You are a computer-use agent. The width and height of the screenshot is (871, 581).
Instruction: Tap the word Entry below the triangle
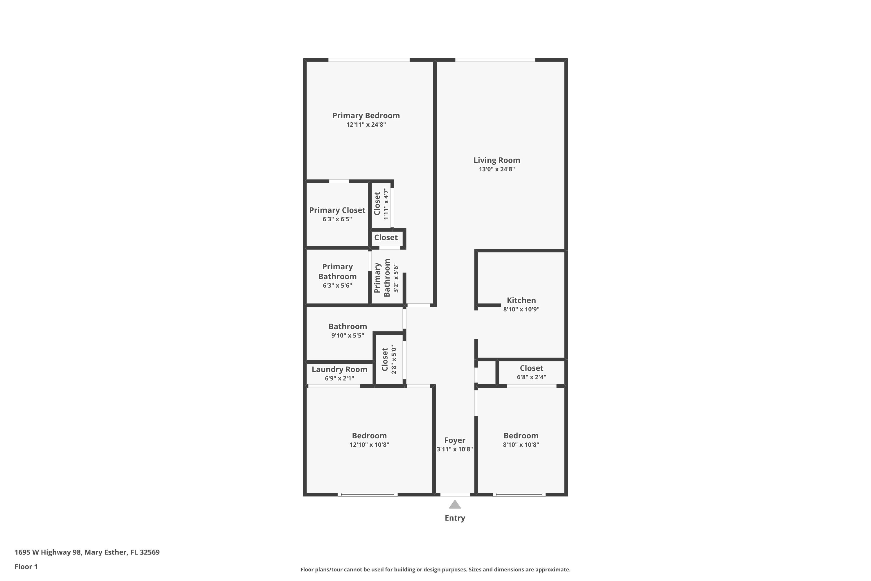point(455,518)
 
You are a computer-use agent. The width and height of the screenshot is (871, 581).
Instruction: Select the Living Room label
point(496,160)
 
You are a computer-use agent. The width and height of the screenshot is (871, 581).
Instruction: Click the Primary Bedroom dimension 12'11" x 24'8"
point(366,125)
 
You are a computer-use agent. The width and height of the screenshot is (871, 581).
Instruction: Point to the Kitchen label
point(521,300)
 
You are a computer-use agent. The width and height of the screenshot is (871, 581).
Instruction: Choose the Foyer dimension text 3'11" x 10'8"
point(455,449)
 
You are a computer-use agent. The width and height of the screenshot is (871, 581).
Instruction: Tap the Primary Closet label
point(337,210)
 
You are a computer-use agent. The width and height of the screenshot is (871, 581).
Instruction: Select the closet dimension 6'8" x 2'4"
point(531,377)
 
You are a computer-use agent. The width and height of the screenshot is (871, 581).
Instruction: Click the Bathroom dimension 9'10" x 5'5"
point(347,335)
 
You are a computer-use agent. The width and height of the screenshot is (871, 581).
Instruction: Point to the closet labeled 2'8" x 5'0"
point(388,359)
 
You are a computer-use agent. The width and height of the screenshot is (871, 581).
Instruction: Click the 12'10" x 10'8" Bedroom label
point(369,436)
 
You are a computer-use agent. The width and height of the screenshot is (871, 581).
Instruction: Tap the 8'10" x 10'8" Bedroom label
point(521,436)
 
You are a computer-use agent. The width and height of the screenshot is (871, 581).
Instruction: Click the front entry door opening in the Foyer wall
point(455,494)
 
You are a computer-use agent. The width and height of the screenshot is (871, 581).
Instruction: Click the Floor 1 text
point(26,566)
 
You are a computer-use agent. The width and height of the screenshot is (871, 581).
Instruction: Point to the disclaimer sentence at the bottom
point(435,569)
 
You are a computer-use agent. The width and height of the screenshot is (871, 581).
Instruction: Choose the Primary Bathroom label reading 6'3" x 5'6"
point(337,276)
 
